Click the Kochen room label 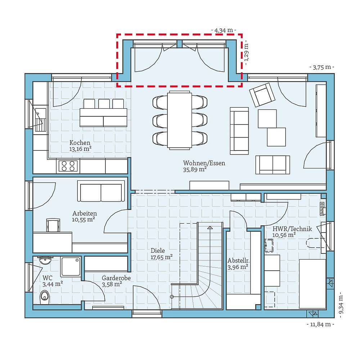[80, 143]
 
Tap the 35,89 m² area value [195, 169]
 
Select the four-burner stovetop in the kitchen [68, 166]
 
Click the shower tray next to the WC [71, 266]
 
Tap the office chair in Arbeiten [53, 225]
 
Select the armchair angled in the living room [262, 94]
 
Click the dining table [179, 120]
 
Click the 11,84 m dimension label [320, 324]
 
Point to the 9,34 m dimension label [341, 305]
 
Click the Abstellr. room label [239, 261]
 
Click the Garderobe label [116, 278]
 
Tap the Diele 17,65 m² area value [161, 257]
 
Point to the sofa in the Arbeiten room [101, 192]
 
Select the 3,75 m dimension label [321, 67]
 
